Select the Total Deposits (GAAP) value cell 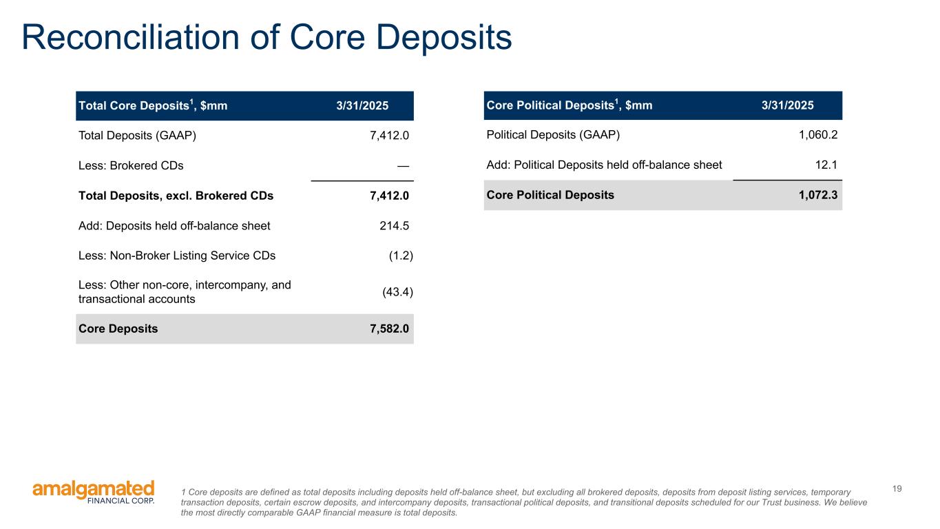pyautogui.click(x=389, y=136)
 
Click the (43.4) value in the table pyautogui.click(x=397, y=292)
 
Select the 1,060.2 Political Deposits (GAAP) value pyautogui.click(x=815, y=135)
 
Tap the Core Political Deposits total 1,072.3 pyautogui.click(x=815, y=195)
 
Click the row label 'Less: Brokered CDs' pyautogui.click(x=131, y=165)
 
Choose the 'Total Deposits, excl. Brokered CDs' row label pyautogui.click(x=176, y=196)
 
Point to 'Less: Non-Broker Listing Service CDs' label pyautogui.click(x=177, y=256)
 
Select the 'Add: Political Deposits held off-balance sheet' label pyautogui.click(x=604, y=165)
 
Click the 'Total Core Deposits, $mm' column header pyautogui.click(x=153, y=106)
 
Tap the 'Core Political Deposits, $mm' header pyautogui.click(x=569, y=105)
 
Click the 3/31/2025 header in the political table pyautogui.click(x=787, y=106)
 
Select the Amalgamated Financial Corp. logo pyautogui.click(x=94, y=492)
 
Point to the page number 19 pyautogui.click(x=897, y=489)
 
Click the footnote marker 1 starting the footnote pyautogui.click(x=182, y=492)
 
